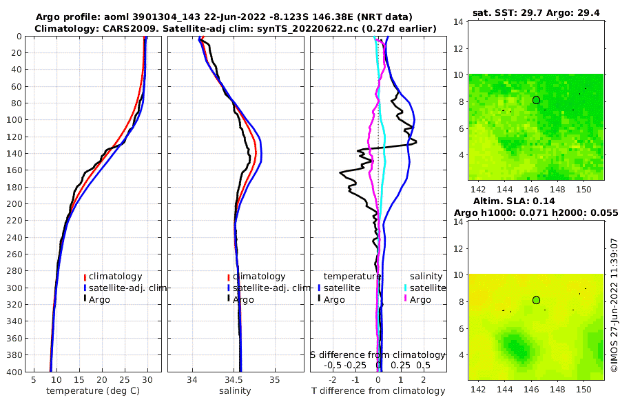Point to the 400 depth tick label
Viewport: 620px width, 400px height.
click(x=13, y=372)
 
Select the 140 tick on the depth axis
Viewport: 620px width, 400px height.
click(x=13, y=153)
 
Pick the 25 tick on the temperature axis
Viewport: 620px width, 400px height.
click(x=125, y=379)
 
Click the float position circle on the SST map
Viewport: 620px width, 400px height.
click(x=536, y=100)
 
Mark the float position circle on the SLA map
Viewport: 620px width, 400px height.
click(x=536, y=300)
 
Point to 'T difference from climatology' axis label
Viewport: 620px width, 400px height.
click(x=378, y=391)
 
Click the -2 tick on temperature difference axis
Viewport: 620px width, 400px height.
click(x=333, y=379)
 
